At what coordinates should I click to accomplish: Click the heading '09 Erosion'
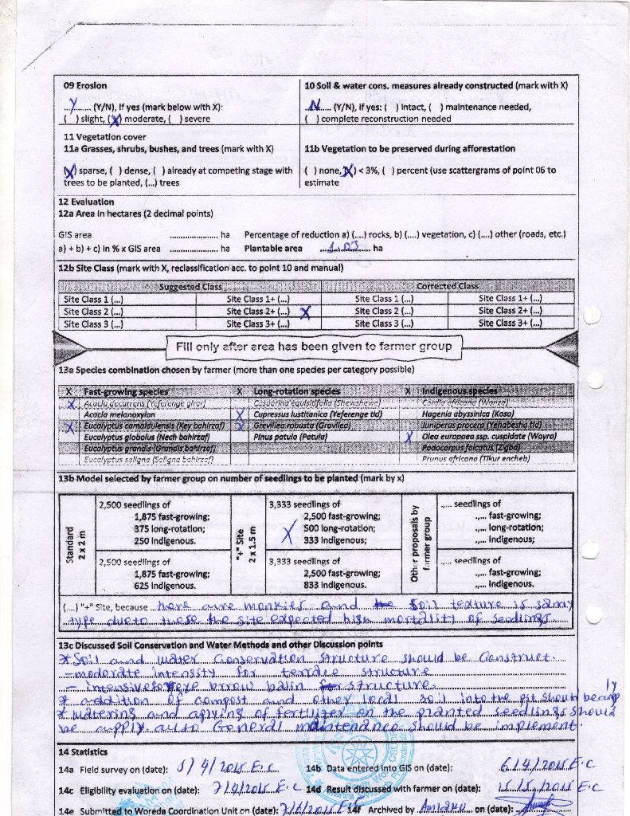click(x=85, y=85)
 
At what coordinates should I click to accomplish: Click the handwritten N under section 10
click(x=315, y=106)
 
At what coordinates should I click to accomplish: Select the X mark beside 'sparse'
click(x=70, y=171)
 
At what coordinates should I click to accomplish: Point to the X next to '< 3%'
click(x=348, y=171)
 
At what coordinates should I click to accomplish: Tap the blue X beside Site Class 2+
click(x=304, y=312)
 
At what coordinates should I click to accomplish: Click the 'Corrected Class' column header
click(x=447, y=286)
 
